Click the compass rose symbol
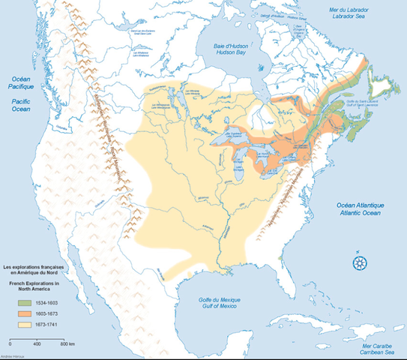(360, 262)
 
